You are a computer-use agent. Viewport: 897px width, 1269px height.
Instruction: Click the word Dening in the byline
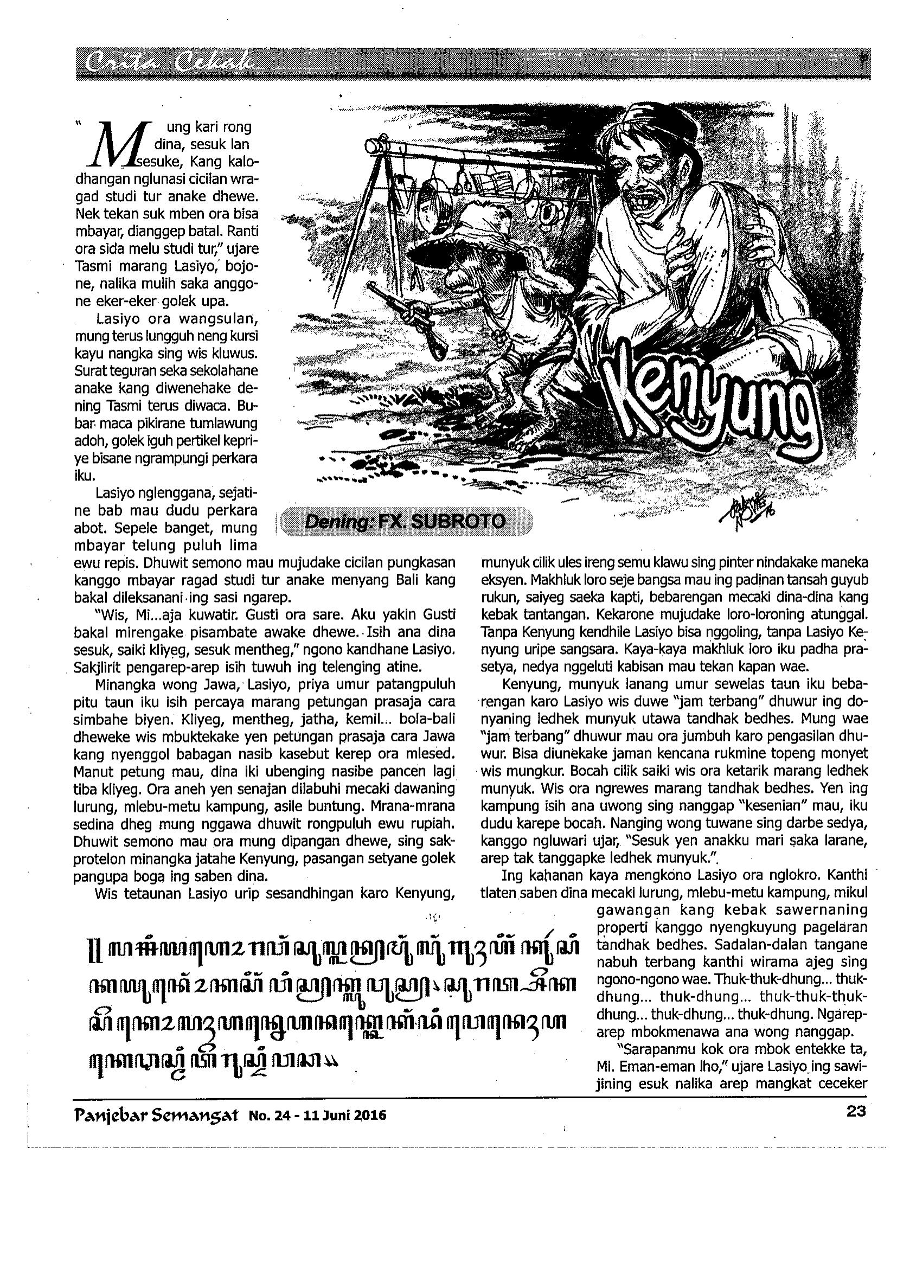(x=331, y=521)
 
